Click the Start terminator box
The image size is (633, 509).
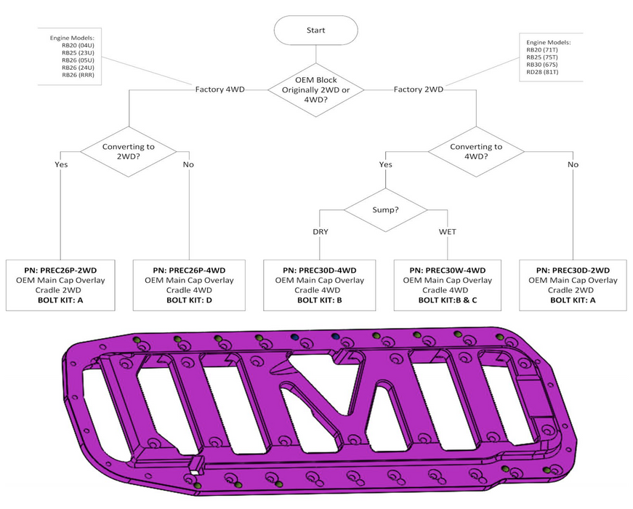(315, 31)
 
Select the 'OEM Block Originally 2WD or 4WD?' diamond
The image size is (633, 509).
(315, 89)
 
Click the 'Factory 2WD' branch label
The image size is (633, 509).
(419, 89)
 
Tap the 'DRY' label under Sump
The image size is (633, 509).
(321, 232)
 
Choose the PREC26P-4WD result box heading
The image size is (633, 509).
(189, 270)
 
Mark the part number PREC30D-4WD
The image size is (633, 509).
(319, 270)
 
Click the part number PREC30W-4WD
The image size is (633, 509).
(448, 270)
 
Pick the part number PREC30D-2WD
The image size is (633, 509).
(572, 270)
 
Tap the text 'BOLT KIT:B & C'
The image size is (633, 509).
(448, 300)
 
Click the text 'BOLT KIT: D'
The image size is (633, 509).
(189, 300)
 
